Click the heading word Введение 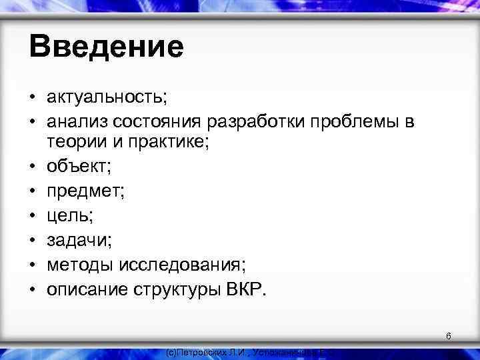coord(106,47)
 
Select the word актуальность coord(106,98)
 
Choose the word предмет coord(83,193)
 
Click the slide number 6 coord(449,337)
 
